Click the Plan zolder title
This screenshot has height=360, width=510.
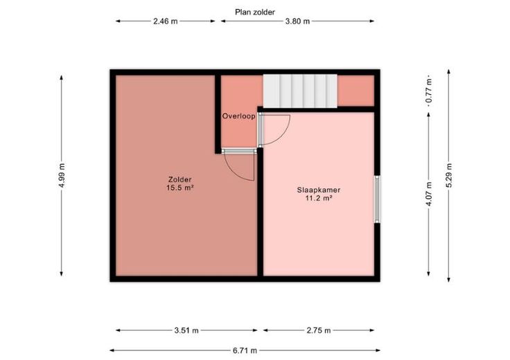[255, 12]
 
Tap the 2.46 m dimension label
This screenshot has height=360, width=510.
[166, 21]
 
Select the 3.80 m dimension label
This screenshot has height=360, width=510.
[297, 21]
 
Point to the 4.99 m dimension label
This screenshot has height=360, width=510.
[62, 175]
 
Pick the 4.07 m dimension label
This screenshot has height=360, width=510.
[429, 194]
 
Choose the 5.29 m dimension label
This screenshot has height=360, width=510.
[449, 175]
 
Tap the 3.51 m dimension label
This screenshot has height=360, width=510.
[186, 331]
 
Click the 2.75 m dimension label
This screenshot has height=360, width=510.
[319, 331]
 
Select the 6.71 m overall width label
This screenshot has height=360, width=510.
[245, 350]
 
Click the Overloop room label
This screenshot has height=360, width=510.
[239, 116]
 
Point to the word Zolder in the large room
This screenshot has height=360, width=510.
[180, 179]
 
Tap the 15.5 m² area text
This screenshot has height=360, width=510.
[180, 188]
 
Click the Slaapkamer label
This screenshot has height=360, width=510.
[319, 190]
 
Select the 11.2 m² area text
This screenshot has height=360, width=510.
[319, 199]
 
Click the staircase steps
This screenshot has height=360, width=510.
[300, 91]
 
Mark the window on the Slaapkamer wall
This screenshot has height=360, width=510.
[377, 199]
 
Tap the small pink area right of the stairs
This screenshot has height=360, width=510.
[356, 91]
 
